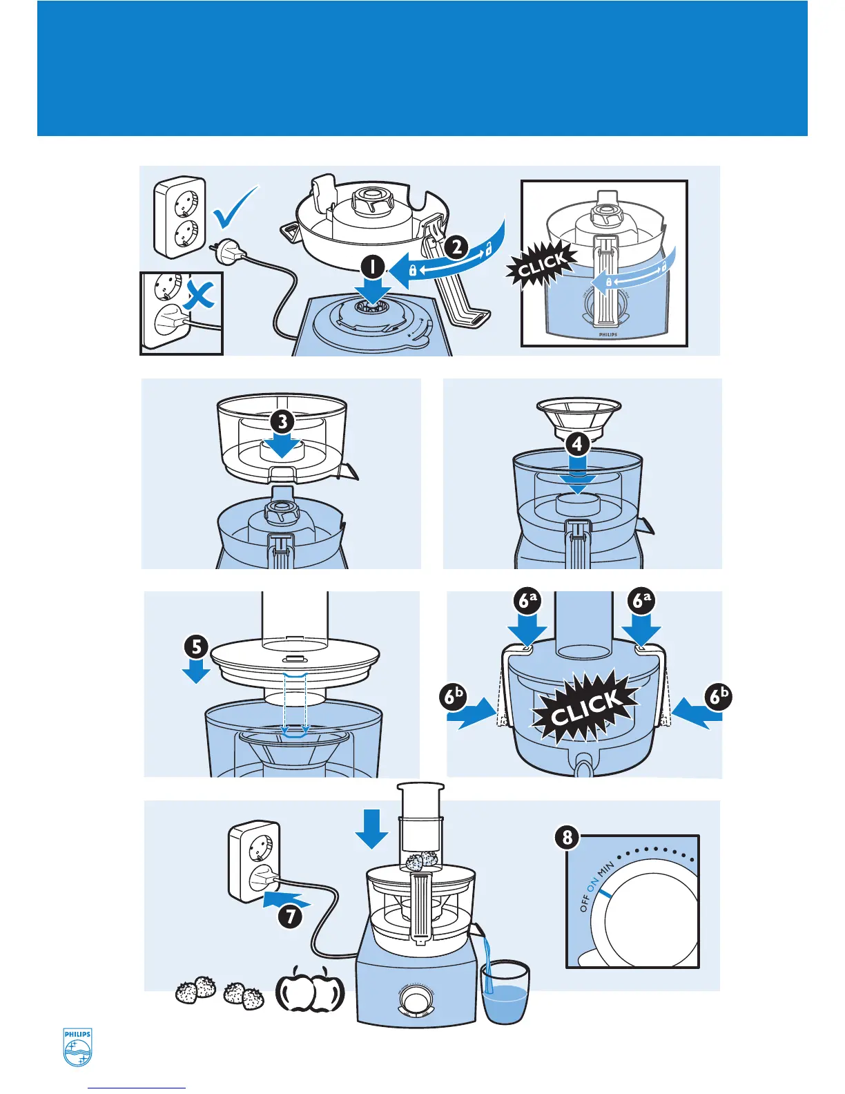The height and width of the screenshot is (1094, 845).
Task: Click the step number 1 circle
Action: click(x=373, y=267)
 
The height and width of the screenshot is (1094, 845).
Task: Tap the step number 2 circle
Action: click(x=457, y=247)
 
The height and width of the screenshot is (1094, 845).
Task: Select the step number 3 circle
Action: click(x=282, y=421)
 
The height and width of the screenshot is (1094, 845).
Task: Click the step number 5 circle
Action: click(x=197, y=647)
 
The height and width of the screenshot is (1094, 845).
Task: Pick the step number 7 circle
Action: click(x=291, y=916)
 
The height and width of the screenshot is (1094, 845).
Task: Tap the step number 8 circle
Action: click(x=567, y=838)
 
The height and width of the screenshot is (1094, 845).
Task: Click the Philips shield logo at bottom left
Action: click(x=77, y=1048)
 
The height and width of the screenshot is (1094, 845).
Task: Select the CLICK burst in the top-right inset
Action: click(x=543, y=264)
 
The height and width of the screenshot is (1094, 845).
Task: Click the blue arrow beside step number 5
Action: click(x=197, y=671)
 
